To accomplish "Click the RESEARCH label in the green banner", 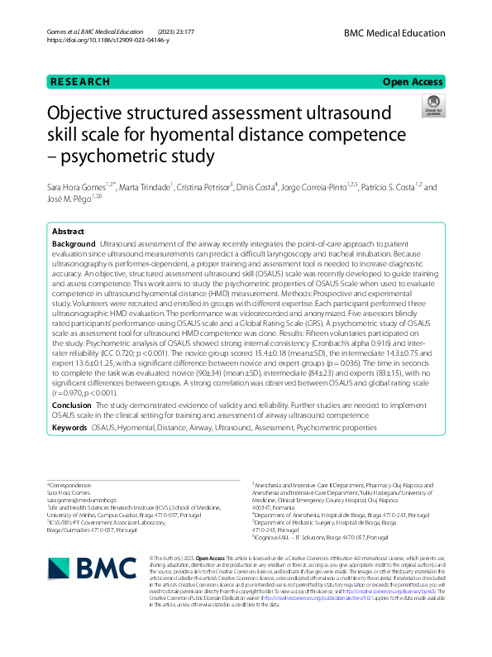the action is [x=79, y=82].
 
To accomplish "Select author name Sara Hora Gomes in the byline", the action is [x=77, y=189].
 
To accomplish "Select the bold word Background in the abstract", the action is [x=73, y=246].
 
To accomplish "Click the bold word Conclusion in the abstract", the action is [x=72, y=405].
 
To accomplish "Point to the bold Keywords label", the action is [x=69, y=428].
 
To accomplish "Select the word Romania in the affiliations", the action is [x=279, y=507].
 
